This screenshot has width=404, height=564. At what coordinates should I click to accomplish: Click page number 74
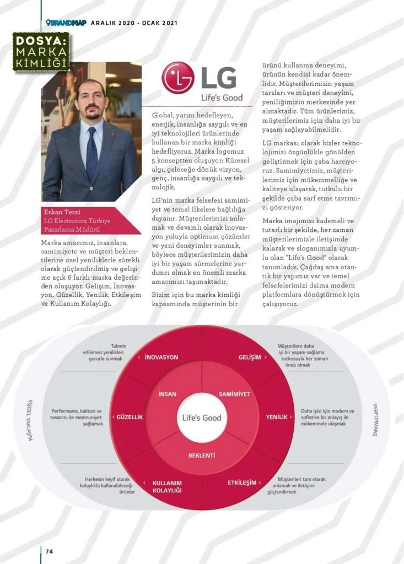coord(49,551)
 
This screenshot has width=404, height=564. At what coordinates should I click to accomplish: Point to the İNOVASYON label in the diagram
coord(161,357)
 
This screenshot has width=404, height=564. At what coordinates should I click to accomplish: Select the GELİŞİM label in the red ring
coord(250,357)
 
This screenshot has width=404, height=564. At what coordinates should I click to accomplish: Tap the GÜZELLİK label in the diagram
coord(130,417)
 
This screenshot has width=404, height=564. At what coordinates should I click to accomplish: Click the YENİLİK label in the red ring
coord(277,417)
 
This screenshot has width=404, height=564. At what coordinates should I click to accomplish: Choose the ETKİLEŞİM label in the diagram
coord(242,482)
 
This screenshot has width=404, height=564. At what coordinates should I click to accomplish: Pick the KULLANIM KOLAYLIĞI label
coord(167,486)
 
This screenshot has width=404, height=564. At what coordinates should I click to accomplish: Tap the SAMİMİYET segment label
coord(234,394)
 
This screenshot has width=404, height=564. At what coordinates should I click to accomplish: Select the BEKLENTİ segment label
coord(201,455)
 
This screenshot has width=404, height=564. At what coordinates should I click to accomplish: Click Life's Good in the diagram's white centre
coord(202,417)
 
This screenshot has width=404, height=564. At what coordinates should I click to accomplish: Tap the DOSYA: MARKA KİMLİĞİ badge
coord(42,51)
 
